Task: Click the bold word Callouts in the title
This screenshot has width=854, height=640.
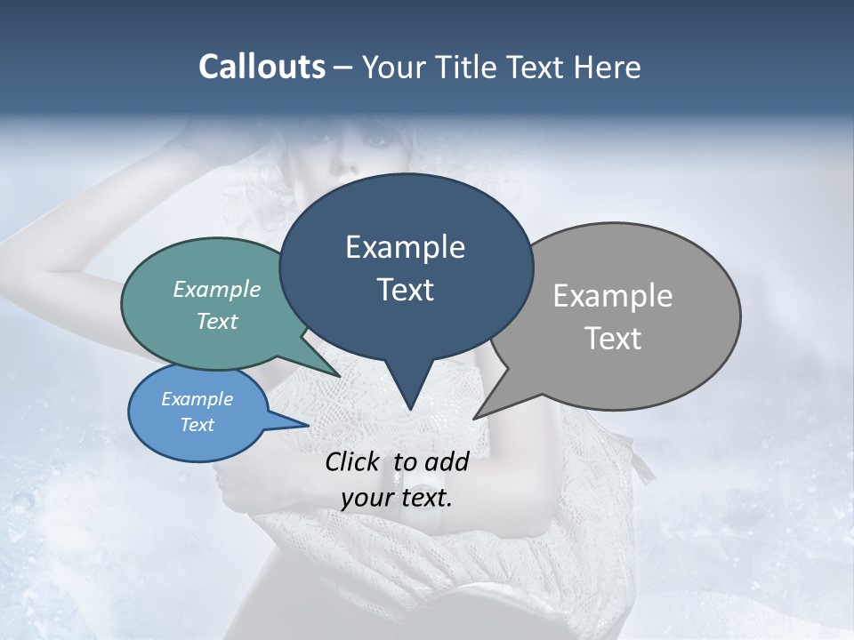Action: [262, 67]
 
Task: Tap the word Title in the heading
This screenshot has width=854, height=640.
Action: [471, 67]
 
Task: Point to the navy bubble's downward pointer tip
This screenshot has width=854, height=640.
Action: [409, 409]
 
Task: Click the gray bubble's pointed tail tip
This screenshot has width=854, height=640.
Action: [474, 418]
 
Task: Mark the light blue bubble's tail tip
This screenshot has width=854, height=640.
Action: [309, 426]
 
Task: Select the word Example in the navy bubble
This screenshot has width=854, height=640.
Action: [406, 247]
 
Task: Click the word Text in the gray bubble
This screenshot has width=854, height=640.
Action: [613, 339]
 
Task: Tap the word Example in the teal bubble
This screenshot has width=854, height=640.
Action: [217, 289]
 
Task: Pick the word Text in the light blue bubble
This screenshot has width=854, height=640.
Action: [197, 425]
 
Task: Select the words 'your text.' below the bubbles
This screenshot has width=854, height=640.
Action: [397, 498]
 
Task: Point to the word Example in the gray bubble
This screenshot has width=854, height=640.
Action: [613, 296]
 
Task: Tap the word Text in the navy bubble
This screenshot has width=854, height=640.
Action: [406, 290]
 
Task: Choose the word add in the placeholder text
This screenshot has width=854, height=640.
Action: [447, 461]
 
